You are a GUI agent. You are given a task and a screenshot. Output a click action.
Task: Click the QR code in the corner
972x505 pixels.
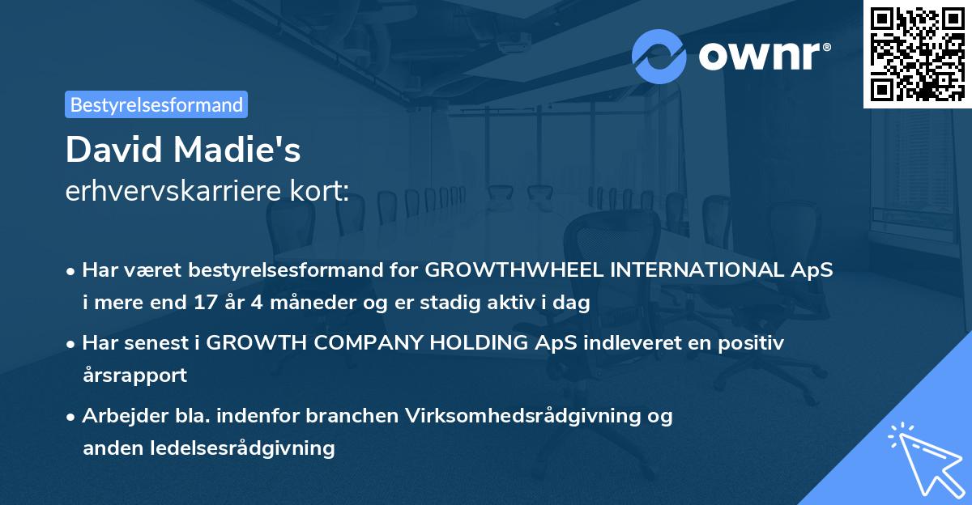pos(917,53)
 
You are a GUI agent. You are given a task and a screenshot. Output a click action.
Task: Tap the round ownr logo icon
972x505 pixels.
pos(659,56)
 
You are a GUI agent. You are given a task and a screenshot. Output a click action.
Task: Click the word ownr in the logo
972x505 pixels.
pos(759,56)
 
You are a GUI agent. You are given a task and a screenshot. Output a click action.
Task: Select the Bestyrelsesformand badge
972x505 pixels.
pos(156,104)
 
